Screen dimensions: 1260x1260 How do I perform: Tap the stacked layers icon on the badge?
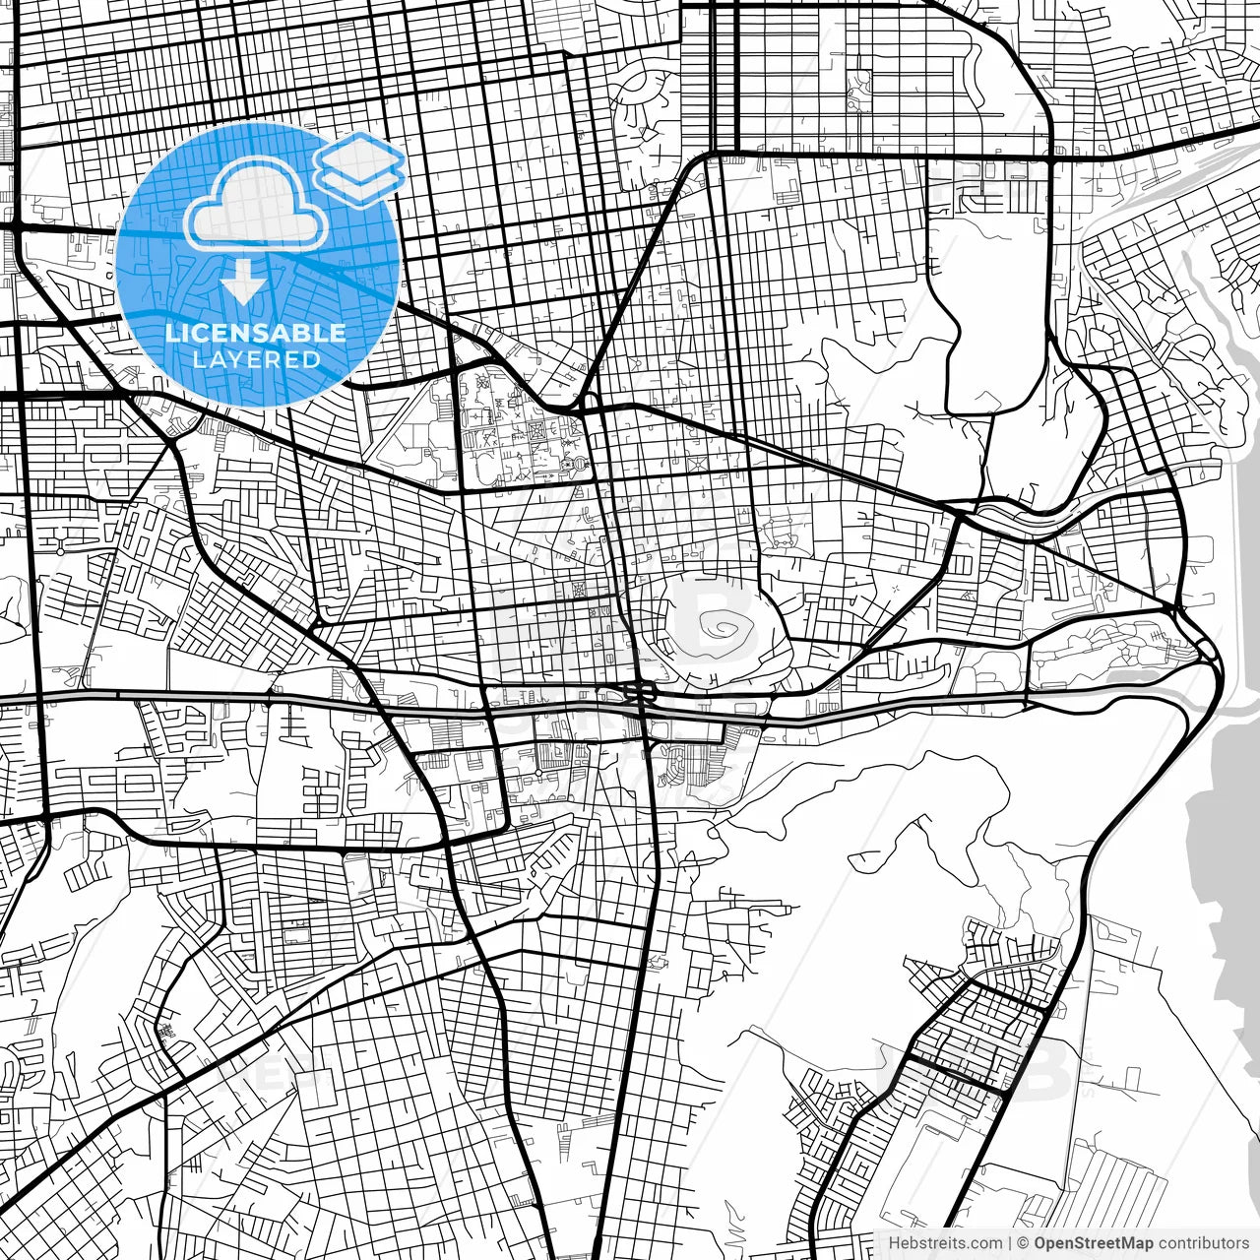click(360, 167)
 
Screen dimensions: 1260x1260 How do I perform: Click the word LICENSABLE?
click(256, 333)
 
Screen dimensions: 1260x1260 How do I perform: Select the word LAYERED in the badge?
click(256, 359)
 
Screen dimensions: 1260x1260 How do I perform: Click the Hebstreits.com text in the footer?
click(946, 1243)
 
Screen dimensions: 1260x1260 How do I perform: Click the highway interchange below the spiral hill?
click(641, 692)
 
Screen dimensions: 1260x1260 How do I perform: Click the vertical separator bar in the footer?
click(1010, 1243)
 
